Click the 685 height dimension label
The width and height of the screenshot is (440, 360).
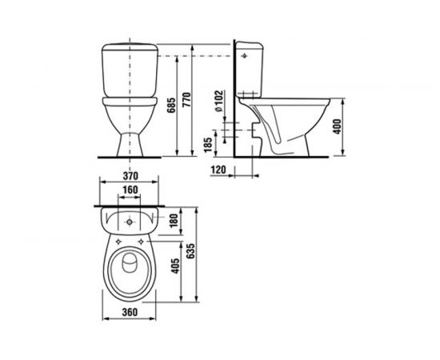point(171,106)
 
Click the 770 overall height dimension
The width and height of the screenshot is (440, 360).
point(186,100)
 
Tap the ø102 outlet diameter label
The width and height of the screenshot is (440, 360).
point(219,101)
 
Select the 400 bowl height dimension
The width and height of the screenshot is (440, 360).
point(338,126)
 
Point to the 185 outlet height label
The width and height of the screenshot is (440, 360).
point(208,145)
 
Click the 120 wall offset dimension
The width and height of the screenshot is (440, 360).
point(218,170)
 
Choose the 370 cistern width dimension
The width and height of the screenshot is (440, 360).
point(130,176)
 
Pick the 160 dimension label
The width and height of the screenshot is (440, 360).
point(130,190)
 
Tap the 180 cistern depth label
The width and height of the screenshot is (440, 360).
point(174,221)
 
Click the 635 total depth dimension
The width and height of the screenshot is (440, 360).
point(190,251)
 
